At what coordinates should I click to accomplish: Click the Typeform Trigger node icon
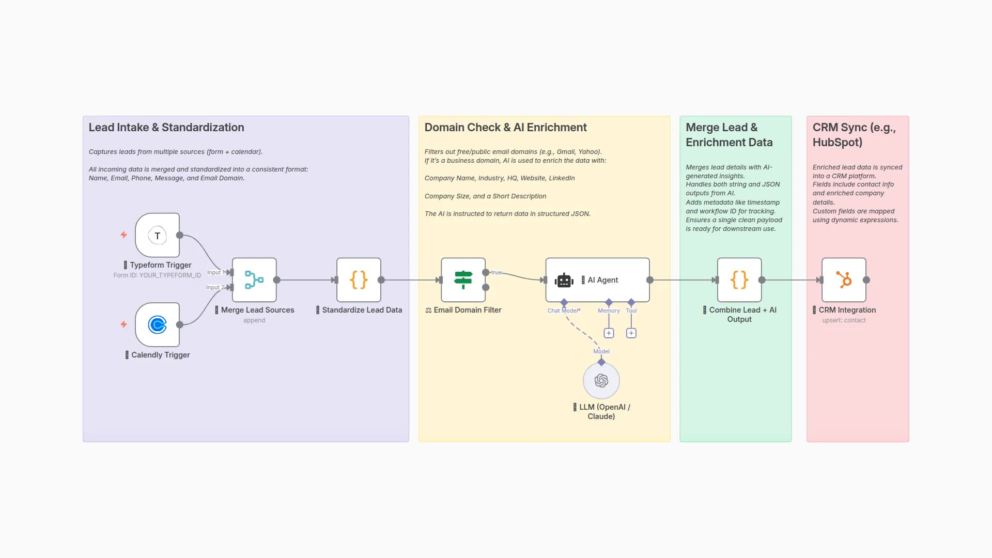[x=157, y=236]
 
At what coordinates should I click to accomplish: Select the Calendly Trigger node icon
[x=157, y=325]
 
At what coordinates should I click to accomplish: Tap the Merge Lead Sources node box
[x=254, y=280]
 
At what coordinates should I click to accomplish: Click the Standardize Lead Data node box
[x=359, y=280]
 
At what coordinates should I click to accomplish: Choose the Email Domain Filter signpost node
[x=463, y=280]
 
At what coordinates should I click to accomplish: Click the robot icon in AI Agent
[x=564, y=280]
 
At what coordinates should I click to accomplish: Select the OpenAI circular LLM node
[x=601, y=381]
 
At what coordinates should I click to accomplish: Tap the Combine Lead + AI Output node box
[x=739, y=280]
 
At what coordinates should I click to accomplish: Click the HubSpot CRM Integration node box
[x=844, y=280]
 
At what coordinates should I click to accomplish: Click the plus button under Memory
[x=609, y=333]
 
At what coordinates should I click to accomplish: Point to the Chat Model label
[x=563, y=311]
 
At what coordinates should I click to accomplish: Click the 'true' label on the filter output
[x=497, y=272]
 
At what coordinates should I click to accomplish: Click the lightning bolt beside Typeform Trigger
[x=123, y=235]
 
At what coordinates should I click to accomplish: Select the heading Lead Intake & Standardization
[x=166, y=128]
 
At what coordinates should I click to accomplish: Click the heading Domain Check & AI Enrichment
[x=505, y=128]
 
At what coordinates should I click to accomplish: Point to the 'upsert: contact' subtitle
[x=844, y=320]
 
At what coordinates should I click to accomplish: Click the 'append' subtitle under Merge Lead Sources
[x=254, y=320]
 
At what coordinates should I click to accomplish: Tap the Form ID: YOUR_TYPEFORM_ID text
[x=157, y=275]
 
